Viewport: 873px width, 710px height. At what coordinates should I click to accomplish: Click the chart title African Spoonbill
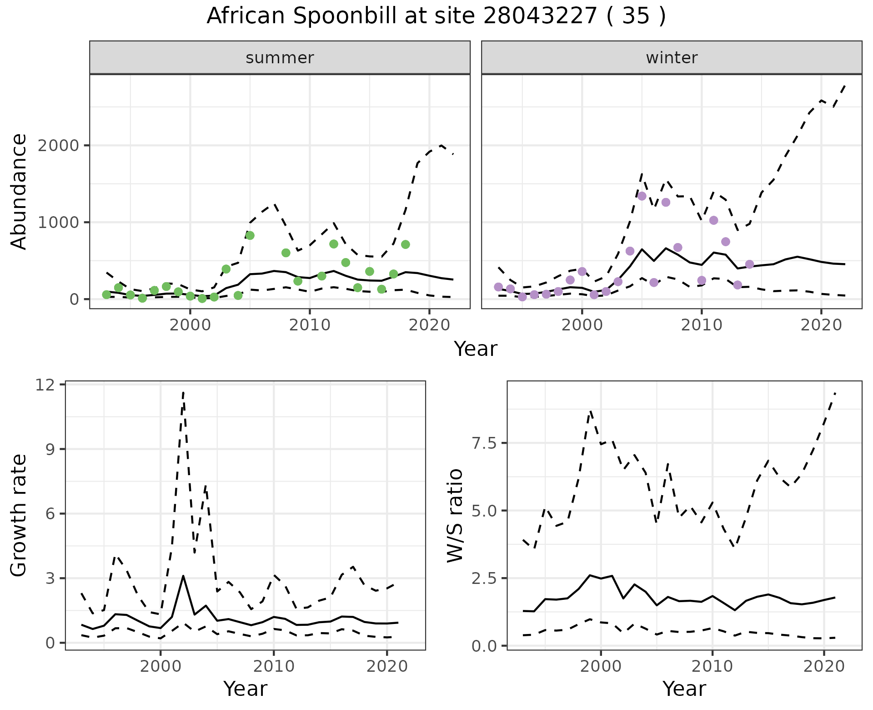436,16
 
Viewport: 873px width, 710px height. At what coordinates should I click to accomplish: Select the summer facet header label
280,58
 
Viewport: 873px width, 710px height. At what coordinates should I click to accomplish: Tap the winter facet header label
672,58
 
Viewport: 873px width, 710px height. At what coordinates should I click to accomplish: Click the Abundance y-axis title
19,191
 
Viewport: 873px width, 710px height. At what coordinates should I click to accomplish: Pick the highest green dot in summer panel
250,235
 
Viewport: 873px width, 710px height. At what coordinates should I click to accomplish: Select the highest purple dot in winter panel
642,196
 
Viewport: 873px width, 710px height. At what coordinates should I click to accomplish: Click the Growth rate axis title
19,516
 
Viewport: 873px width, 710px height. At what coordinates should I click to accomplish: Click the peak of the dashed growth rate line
183,391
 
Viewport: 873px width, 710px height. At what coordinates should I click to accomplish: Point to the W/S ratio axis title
455,516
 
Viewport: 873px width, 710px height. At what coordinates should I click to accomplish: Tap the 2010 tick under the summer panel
310,326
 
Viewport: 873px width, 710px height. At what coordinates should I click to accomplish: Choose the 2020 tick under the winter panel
821,326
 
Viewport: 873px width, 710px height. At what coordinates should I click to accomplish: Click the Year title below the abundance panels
476,349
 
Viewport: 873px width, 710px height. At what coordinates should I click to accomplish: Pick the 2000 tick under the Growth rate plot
160,667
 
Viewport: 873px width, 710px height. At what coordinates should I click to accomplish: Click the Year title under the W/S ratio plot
684,689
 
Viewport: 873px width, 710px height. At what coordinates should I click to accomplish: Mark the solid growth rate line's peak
183,576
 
